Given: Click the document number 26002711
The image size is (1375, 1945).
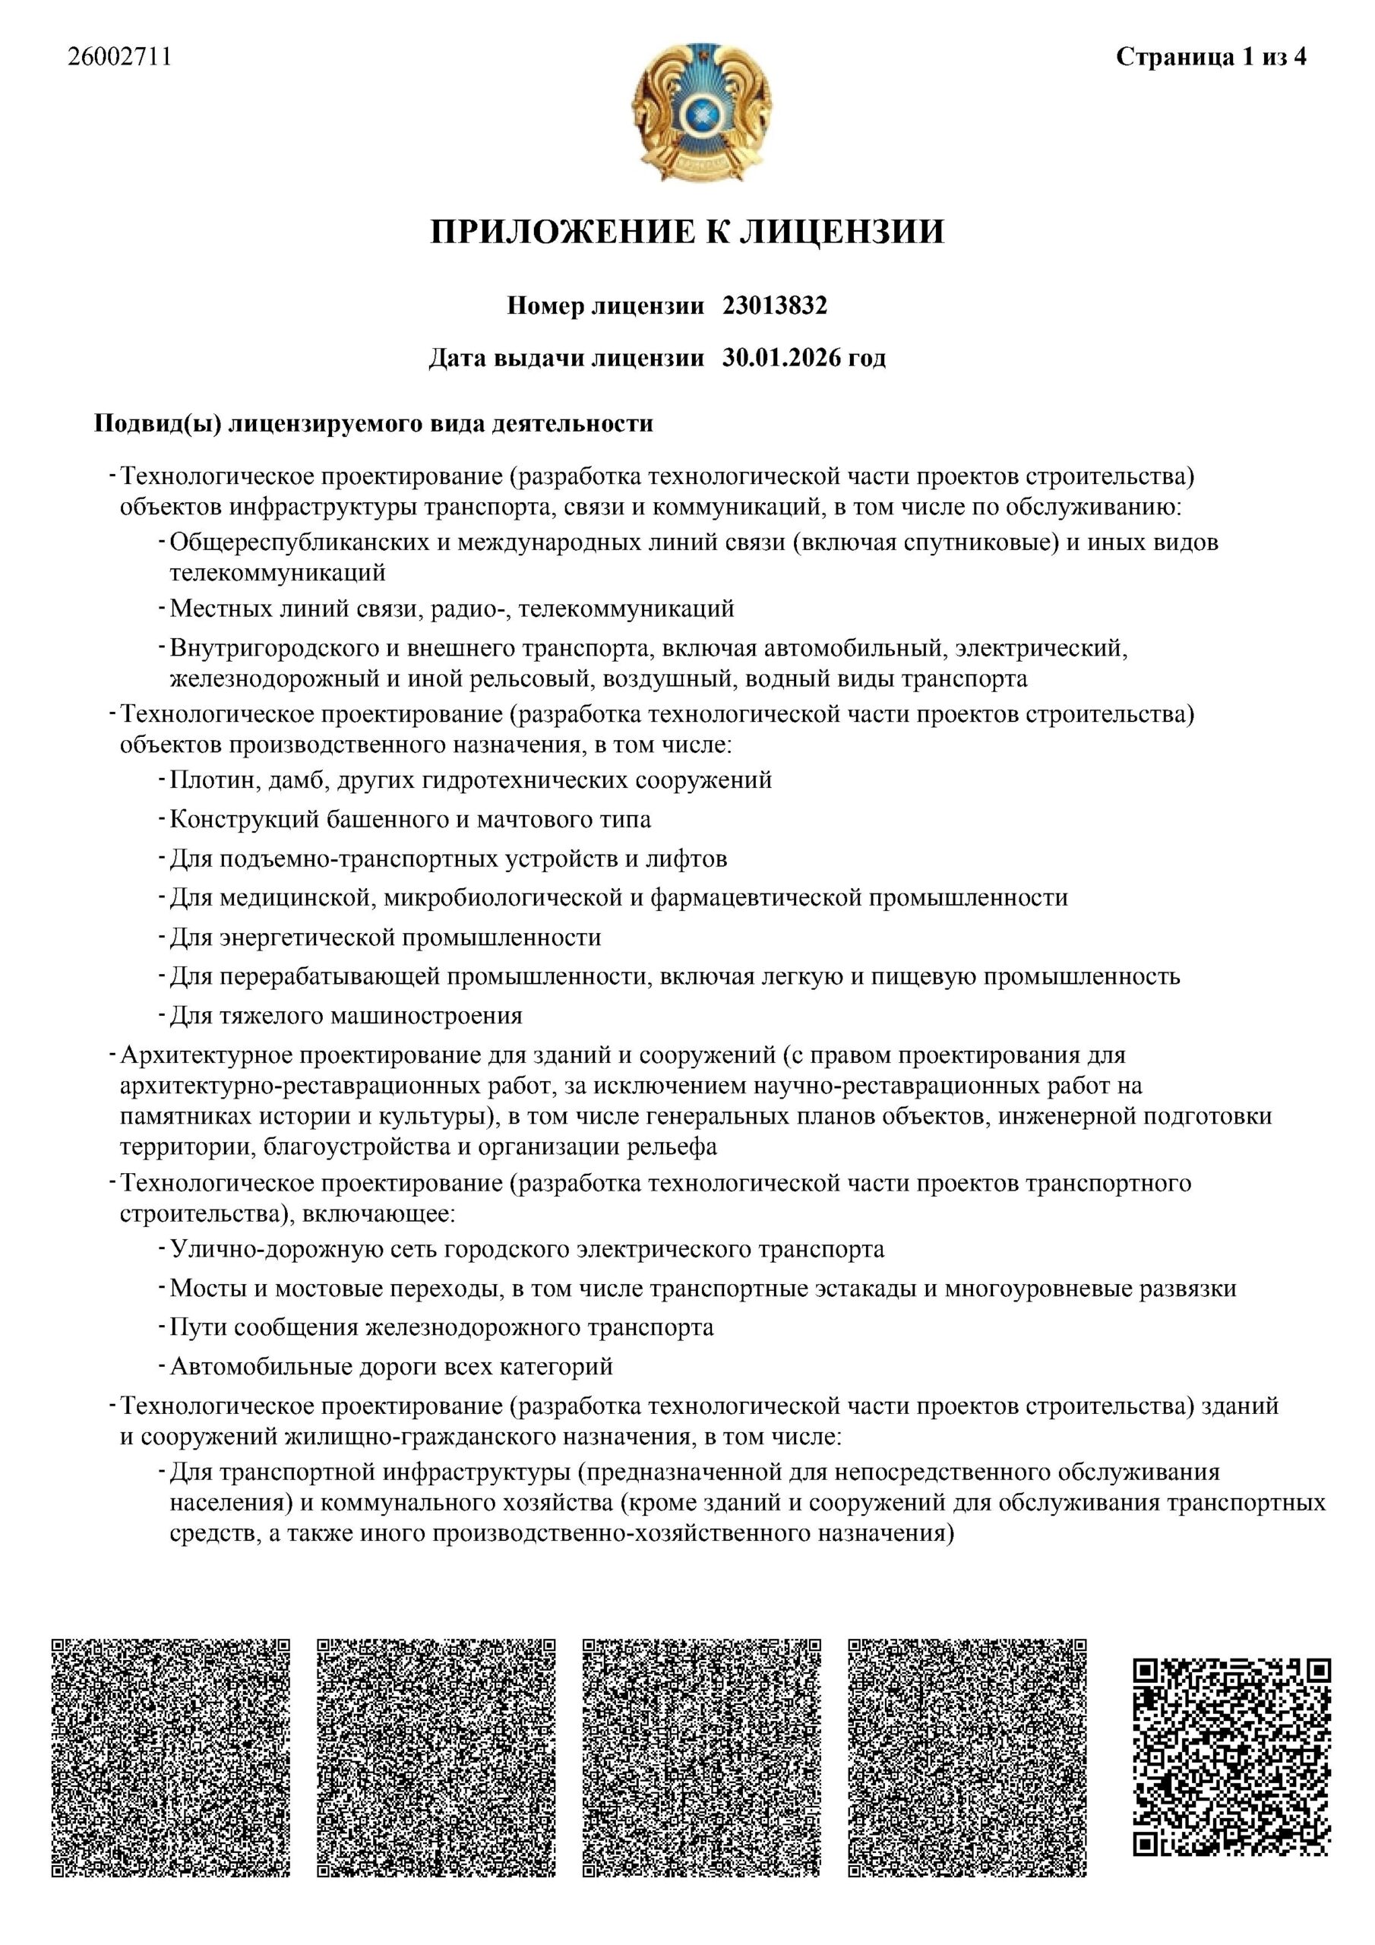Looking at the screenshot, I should tap(119, 57).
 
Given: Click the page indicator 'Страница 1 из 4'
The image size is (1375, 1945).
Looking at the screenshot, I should tap(1211, 57).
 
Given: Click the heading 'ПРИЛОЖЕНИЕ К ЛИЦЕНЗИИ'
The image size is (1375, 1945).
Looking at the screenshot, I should tap(686, 231).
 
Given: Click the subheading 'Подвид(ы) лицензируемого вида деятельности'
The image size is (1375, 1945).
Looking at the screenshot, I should tap(373, 422).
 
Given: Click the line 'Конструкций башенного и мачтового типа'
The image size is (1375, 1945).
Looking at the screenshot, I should tap(410, 819).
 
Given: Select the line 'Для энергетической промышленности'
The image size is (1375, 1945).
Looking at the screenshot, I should tap(385, 937).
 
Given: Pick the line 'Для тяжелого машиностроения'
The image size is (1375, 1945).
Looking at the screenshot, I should tap(346, 1015).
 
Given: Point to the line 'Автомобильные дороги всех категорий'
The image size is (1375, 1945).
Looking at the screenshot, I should tap(391, 1365).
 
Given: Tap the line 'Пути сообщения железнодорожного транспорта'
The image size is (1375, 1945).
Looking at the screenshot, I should tap(441, 1327).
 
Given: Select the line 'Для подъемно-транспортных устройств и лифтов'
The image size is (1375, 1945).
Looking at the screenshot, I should tap(448, 858).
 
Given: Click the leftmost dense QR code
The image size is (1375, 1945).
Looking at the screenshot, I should tap(171, 1761).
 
